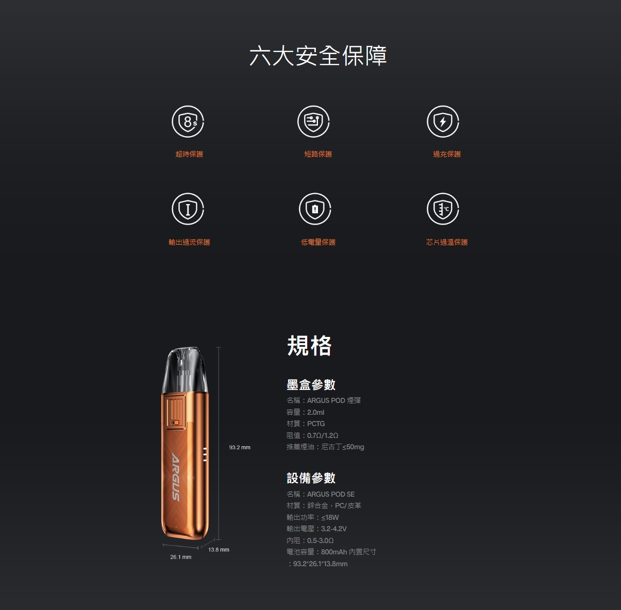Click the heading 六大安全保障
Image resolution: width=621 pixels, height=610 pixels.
[318, 56]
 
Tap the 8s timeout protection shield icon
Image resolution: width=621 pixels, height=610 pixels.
[188, 122]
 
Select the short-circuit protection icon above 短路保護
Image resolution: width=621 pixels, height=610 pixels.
[313, 122]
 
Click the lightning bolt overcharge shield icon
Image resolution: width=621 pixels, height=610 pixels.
[443, 122]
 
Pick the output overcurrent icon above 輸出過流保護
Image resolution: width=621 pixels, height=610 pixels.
[188, 209]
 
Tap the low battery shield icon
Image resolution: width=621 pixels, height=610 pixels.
[315, 209]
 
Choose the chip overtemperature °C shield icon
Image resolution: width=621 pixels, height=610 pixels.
[443, 209]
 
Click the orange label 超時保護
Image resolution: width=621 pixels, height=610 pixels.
[189, 154]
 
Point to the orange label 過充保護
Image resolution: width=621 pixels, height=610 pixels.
[447, 154]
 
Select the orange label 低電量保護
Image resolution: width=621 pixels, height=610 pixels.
[318, 242]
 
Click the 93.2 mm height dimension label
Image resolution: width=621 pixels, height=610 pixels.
[240, 447]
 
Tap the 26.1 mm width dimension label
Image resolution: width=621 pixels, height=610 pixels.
[180, 557]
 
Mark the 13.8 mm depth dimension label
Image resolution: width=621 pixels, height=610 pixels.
[219, 549]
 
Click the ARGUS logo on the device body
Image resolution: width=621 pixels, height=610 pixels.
[175, 477]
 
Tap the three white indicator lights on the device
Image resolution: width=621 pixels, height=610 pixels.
[205, 454]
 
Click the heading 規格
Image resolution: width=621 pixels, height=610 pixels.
[309, 345]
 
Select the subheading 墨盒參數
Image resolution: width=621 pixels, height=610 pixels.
[311, 384]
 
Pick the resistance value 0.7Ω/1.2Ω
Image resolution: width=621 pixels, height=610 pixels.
[323, 435]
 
